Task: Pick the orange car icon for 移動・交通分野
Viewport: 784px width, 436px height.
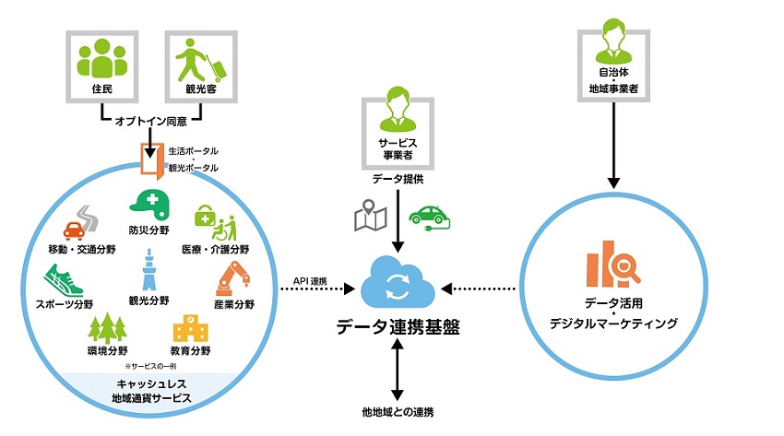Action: (80, 222)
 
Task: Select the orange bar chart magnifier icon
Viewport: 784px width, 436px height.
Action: (612, 265)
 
